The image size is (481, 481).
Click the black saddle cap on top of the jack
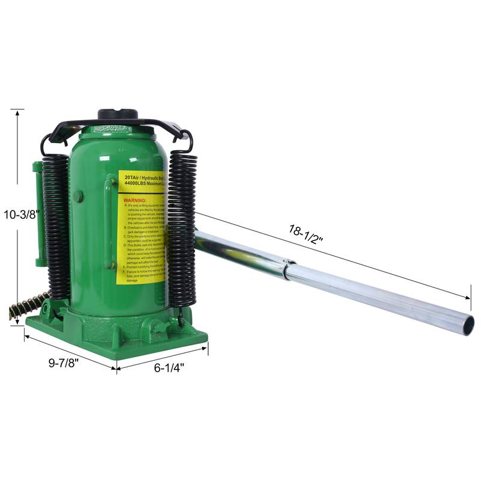click(118, 114)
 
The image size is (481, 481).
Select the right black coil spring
click(182, 228)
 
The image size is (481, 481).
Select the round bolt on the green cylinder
click(78, 196)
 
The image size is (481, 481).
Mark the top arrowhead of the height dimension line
click(17, 111)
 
